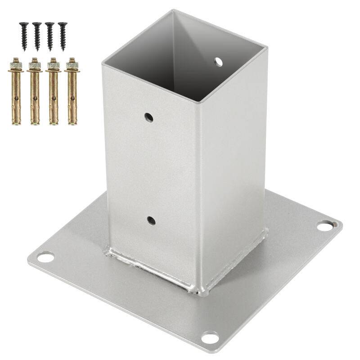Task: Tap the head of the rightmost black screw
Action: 62,24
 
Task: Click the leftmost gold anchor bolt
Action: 16,92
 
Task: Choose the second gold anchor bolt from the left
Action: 35,92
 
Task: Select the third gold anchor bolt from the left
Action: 53,92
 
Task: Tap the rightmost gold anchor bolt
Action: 72,92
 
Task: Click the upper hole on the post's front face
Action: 148,118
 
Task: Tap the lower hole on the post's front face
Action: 151,220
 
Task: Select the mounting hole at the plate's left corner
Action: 45,257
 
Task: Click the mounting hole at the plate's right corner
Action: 324,226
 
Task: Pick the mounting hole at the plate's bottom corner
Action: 210,337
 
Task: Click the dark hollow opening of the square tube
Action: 180,58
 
